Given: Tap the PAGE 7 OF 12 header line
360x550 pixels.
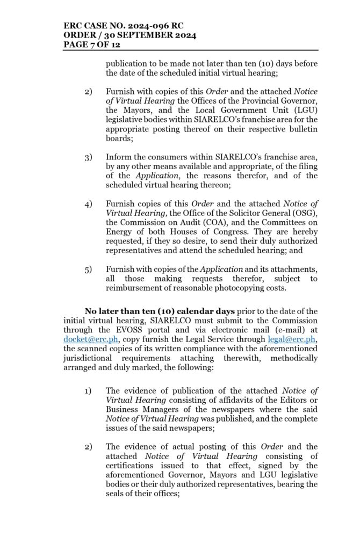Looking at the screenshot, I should tap(91, 45).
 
